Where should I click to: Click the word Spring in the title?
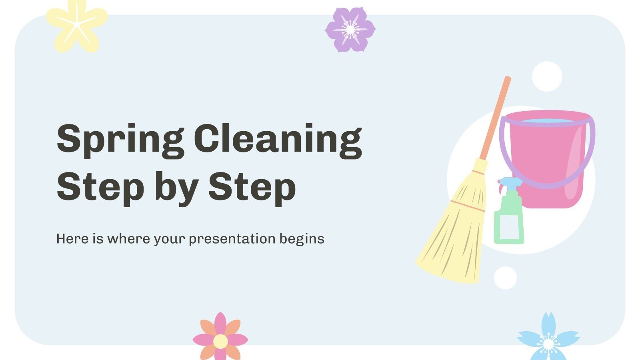click(x=120, y=139)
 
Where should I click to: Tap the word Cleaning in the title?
click(x=278, y=139)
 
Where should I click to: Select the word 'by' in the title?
click(x=176, y=187)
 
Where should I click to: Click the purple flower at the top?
click(x=350, y=30)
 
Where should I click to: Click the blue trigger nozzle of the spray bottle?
click(x=510, y=182)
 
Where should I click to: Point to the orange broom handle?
click(x=496, y=116)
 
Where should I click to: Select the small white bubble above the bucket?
click(x=547, y=76)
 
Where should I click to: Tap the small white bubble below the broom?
click(x=505, y=278)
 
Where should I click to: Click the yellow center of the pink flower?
click(x=220, y=341)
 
